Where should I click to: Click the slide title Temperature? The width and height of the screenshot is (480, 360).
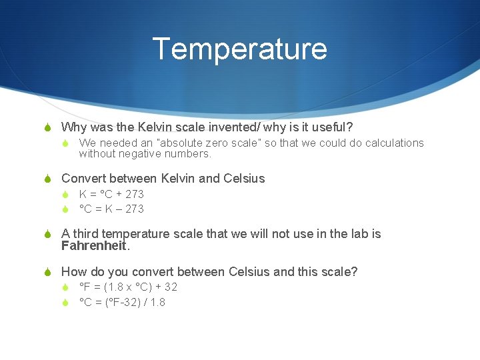(x=239, y=49)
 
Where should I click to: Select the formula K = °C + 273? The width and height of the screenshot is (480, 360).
(x=111, y=194)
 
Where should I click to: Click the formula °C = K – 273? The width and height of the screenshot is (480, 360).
(x=111, y=209)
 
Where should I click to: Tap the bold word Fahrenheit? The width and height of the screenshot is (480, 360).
(x=93, y=245)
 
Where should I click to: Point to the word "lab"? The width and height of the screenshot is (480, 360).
(x=350, y=234)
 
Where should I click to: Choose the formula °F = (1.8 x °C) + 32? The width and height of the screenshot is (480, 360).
(x=128, y=287)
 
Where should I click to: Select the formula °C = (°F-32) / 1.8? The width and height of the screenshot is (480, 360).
(x=122, y=303)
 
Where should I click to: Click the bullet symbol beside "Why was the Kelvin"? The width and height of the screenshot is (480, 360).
(x=49, y=127)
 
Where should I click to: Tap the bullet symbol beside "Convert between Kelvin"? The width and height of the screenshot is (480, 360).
(x=49, y=179)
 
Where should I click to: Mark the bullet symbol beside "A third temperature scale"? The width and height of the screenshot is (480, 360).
(x=49, y=234)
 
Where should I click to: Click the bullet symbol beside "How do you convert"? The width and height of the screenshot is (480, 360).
(x=49, y=272)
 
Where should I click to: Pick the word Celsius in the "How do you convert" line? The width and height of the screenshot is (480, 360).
(x=249, y=272)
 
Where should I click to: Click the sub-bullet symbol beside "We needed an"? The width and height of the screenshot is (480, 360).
(x=65, y=143)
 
